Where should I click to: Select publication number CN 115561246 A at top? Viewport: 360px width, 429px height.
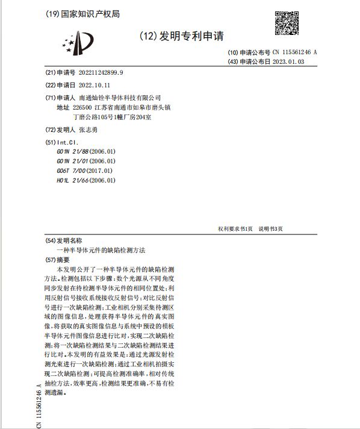click(x=294, y=52)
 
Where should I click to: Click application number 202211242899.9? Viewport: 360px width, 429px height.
click(x=101, y=73)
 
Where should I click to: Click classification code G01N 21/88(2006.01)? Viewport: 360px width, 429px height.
click(x=85, y=151)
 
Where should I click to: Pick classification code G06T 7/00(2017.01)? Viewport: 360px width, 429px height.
click(x=84, y=171)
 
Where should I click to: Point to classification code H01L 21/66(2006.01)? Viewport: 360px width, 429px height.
click(x=85, y=180)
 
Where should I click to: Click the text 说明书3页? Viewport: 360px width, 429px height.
click(x=270, y=229)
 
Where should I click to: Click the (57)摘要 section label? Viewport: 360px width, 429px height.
click(x=58, y=259)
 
